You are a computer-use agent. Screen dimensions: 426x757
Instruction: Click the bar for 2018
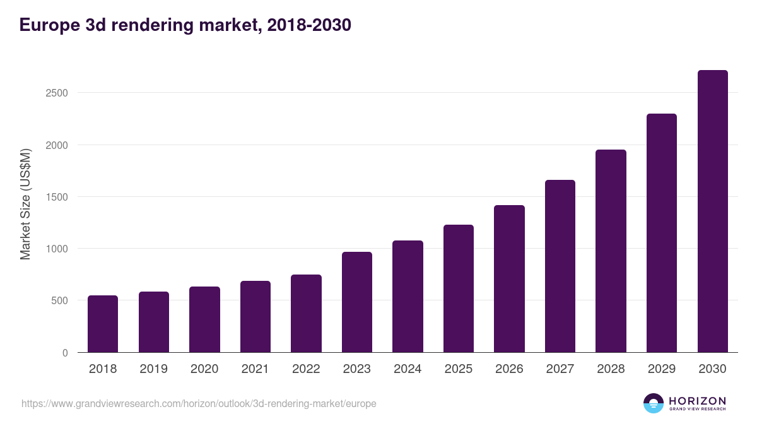point(103,324)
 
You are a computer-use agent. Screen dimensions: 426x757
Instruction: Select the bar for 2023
point(357,302)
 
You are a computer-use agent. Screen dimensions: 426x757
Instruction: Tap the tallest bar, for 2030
point(712,211)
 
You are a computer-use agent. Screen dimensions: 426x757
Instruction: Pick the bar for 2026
point(509,279)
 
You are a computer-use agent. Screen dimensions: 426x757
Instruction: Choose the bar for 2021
point(255,317)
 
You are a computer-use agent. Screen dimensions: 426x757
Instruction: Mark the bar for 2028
point(611,251)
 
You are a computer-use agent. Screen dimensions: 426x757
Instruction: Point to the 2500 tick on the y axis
point(57,93)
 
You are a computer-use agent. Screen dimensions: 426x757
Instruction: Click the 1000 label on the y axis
point(57,249)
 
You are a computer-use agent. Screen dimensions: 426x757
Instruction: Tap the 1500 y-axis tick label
point(57,197)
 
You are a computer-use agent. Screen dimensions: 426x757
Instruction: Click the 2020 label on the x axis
point(204,369)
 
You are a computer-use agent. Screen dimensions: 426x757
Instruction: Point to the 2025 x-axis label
point(458,369)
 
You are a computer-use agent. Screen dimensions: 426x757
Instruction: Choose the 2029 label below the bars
point(661,369)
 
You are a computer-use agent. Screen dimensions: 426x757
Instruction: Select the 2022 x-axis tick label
point(306,369)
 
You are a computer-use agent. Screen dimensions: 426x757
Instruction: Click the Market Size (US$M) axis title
point(25,204)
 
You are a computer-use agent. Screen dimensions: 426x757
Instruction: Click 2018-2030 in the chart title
point(309,25)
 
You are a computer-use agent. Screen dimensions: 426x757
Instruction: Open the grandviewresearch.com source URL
point(199,403)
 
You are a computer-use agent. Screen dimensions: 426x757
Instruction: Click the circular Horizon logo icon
point(654,403)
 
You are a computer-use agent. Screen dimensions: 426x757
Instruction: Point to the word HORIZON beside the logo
point(697,401)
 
